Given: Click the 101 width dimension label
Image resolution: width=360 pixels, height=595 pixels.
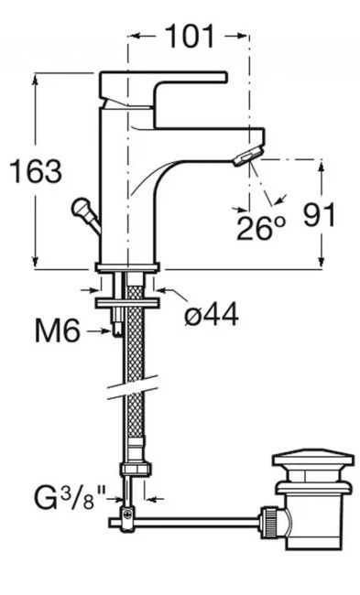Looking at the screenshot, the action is [x=191, y=37].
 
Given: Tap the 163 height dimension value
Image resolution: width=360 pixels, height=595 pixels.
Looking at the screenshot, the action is [x=36, y=171].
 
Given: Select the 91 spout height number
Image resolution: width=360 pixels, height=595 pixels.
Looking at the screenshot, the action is [x=320, y=215].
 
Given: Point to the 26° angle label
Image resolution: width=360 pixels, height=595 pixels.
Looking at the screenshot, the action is [x=260, y=228].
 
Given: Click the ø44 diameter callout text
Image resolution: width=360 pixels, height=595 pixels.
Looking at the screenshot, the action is [x=212, y=314].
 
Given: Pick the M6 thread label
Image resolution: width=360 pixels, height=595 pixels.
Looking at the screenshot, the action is [x=58, y=330].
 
